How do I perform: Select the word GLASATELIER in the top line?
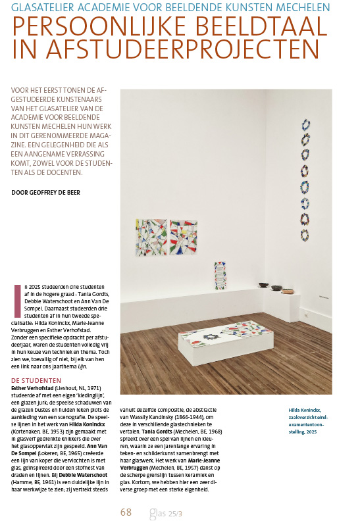(x=46, y=7)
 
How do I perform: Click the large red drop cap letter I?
(x=17, y=297)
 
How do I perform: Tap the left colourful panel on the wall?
(x=151, y=238)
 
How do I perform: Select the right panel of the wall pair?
(x=184, y=237)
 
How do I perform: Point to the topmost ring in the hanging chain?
(x=305, y=124)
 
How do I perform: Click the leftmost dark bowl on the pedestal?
(x=263, y=287)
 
